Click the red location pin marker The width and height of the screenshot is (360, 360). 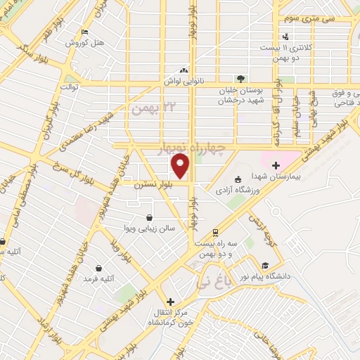pyautogui.click(x=181, y=165)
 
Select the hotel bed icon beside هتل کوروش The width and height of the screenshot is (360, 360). pyautogui.click(x=84, y=32)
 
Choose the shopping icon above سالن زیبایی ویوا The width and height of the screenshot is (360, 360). pyautogui.click(x=149, y=218)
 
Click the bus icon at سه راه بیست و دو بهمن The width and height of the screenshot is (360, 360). pyautogui.click(x=214, y=233)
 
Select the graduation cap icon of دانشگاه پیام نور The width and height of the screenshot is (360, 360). pyautogui.click(x=264, y=265)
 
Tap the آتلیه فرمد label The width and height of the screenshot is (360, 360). pyautogui.click(x=98, y=279)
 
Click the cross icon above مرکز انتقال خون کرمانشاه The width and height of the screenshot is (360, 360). pyautogui.click(x=170, y=302)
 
